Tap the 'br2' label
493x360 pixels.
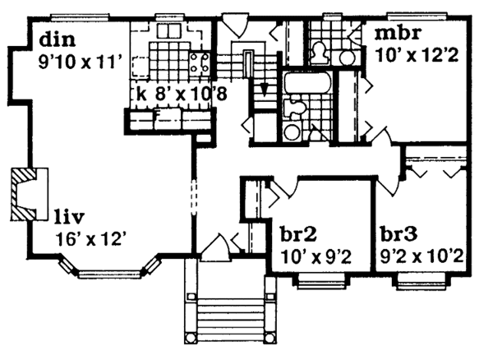(x=295, y=235)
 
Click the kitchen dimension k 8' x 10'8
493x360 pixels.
(x=182, y=93)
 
